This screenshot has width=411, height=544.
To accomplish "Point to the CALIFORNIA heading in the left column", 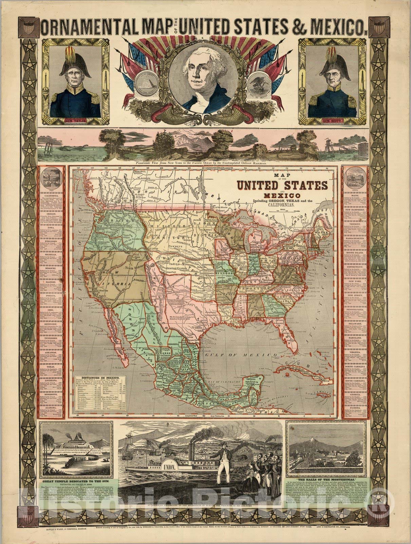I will [52, 197].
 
